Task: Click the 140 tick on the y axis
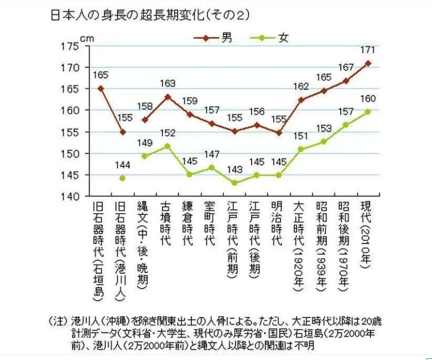[69, 196]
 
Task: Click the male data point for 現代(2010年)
[368, 63]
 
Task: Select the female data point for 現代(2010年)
[368, 111]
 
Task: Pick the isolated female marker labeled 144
[122, 178]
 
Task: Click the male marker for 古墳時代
[167, 97]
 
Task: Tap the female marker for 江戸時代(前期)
[234, 183]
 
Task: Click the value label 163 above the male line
[167, 84]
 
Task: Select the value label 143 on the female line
[234, 170]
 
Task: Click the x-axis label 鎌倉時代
[189, 224]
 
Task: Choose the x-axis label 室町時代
[211, 224]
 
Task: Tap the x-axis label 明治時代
[278, 224]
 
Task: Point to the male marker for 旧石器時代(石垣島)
[101, 88]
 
